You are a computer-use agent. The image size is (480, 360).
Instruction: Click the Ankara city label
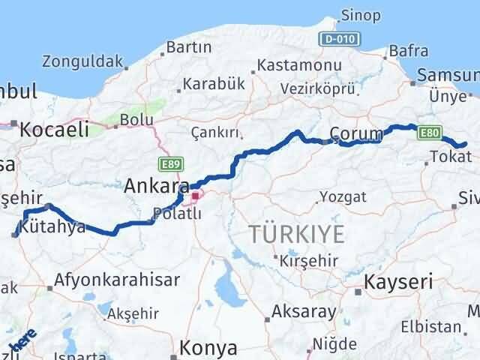point(155,185)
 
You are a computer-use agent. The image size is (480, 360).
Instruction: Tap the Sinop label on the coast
point(360,15)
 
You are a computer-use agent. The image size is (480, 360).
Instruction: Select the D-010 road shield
point(343,38)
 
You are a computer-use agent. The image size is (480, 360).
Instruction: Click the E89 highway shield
point(170,162)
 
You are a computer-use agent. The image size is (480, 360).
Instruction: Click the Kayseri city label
point(398,282)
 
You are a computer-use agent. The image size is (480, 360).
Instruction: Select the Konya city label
point(208,349)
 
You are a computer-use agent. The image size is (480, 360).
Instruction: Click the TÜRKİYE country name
point(298,235)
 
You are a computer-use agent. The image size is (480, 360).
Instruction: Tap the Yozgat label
point(343,196)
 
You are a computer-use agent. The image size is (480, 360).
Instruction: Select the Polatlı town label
point(177,214)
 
